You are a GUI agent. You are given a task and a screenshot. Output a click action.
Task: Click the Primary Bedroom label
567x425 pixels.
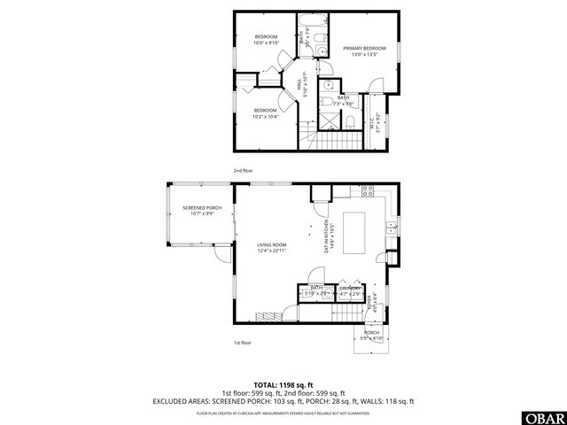(364, 51)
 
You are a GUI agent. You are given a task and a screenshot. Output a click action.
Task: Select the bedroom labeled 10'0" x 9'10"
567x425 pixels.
(266, 40)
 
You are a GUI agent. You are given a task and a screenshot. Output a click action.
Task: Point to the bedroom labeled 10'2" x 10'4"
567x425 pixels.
(266, 113)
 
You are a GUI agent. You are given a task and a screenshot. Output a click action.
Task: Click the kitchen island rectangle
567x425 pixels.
(354, 233)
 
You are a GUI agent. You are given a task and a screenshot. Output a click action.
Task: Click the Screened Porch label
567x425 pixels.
(199, 210)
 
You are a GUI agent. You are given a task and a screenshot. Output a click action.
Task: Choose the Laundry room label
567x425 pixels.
(349, 290)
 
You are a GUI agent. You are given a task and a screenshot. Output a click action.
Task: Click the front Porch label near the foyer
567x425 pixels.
(372, 336)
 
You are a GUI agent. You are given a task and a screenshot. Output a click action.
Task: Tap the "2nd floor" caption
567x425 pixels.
(244, 170)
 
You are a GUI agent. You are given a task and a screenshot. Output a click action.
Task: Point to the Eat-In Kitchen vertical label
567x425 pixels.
(325, 236)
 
